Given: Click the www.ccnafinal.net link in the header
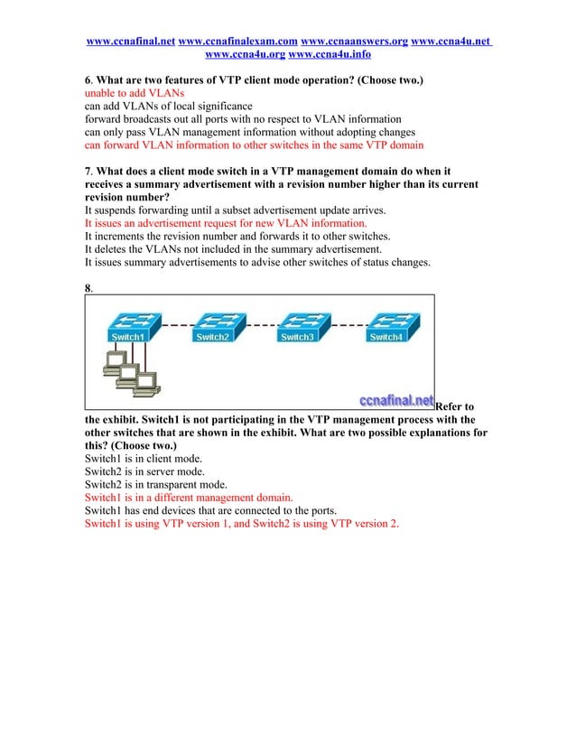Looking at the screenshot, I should pyautogui.click(x=130, y=42).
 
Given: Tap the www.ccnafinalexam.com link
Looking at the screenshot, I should pyautogui.click(x=238, y=42).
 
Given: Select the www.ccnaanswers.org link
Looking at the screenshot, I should pyautogui.click(x=354, y=42).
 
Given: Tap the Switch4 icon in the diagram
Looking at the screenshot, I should pyautogui.click(x=387, y=327).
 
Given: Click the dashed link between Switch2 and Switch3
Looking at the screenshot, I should pyautogui.click(x=258, y=323).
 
